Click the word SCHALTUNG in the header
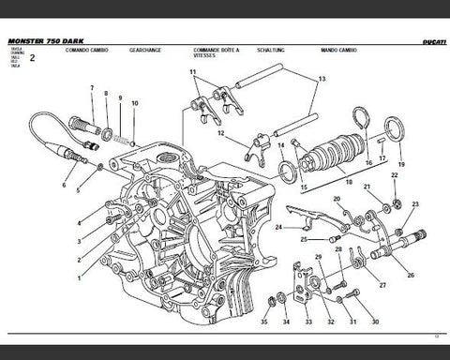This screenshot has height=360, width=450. point(282,50)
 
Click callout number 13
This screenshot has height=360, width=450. point(322,81)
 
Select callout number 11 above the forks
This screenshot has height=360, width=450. point(192,72)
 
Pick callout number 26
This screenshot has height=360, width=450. point(411,275)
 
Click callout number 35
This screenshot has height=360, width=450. point(264,322)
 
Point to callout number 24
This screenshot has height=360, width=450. point(278,227)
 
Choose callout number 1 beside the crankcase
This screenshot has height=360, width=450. point(79,278)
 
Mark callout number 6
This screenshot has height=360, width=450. point(65,186)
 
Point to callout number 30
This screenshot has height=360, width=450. point(375,322)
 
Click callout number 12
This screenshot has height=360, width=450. point(219,133)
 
